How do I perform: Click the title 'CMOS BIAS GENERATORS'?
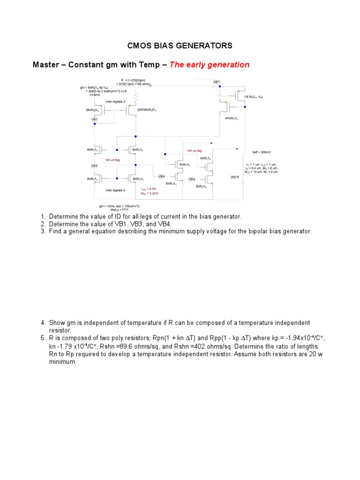[x=180, y=45]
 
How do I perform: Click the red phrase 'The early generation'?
[x=209, y=65]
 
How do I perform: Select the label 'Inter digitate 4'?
[x=115, y=190]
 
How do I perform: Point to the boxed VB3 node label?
[x=94, y=166]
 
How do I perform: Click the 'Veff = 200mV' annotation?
[x=262, y=152]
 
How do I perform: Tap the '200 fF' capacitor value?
[x=235, y=177]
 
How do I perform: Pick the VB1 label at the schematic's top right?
[x=217, y=82]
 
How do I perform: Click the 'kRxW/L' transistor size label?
[x=232, y=118]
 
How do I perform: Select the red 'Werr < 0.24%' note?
[x=150, y=193]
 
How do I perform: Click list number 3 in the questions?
[x=43, y=232]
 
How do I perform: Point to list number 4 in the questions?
[x=43, y=323]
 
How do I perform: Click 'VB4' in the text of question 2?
[x=165, y=224]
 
